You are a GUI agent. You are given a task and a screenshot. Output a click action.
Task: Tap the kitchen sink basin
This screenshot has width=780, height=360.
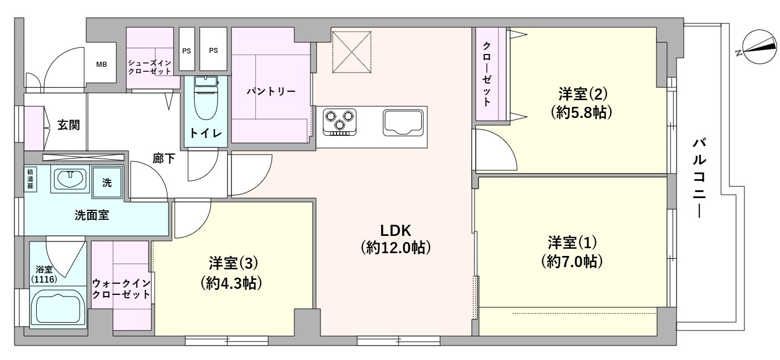pyautogui.click(x=403, y=123)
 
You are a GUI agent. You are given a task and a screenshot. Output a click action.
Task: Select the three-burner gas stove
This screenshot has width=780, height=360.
pyautogui.click(x=339, y=122)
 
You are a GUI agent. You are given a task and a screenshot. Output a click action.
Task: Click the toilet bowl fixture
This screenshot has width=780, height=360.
pyautogui.click(x=205, y=98)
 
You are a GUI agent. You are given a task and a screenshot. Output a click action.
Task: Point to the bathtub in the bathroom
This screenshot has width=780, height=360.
pyautogui.click(x=58, y=308)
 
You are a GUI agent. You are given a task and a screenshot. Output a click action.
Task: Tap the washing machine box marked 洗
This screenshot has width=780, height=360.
pyautogui.click(x=107, y=183)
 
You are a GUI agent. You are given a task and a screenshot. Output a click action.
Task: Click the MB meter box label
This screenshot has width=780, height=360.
pyautogui.click(x=101, y=65)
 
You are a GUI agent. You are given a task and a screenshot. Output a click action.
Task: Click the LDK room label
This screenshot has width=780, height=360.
pyautogui.click(x=395, y=230)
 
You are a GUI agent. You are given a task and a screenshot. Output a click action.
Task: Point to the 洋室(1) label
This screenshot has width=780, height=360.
pyautogui.click(x=572, y=243)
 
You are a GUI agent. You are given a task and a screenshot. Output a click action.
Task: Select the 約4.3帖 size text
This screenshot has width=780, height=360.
pyautogui.click(x=231, y=283)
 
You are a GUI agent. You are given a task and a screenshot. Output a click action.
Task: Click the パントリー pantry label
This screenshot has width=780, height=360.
pyautogui.click(x=271, y=92)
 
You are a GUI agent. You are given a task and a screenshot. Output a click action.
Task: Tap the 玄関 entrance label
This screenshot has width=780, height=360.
pyautogui.click(x=68, y=125)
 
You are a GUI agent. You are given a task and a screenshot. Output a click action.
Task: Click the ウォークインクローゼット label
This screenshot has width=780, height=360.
pyautogui.click(x=121, y=289)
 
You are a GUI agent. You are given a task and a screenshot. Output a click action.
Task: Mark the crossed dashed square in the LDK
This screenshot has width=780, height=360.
pyautogui.click(x=352, y=52)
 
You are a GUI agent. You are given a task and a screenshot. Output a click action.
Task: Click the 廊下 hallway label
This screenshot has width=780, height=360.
pyautogui.click(x=164, y=159)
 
